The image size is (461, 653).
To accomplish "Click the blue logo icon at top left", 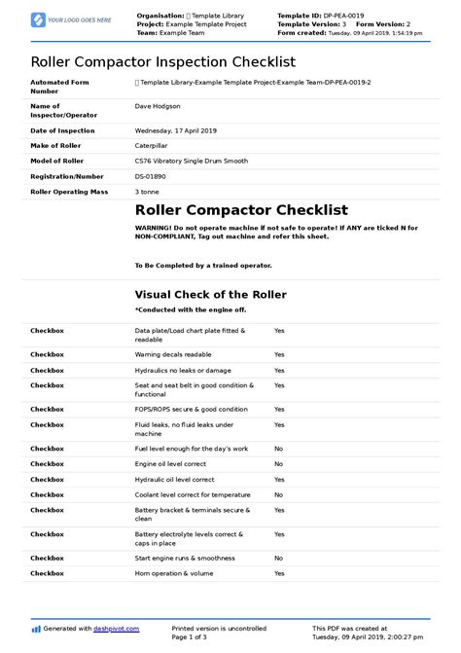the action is (x=38, y=19).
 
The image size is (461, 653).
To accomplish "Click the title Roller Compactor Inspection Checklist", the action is (x=162, y=61).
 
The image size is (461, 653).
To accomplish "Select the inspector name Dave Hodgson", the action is (x=160, y=109).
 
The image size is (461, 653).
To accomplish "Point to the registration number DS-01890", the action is (x=151, y=177).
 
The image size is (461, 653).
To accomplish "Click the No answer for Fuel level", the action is (x=278, y=449).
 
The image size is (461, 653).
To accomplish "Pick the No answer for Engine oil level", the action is (x=278, y=464).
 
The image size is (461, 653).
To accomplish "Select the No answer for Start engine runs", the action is (x=278, y=558).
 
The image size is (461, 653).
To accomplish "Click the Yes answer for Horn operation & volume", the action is (x=279, y=573).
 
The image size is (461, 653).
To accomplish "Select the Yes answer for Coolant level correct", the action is (x=279, y=495).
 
